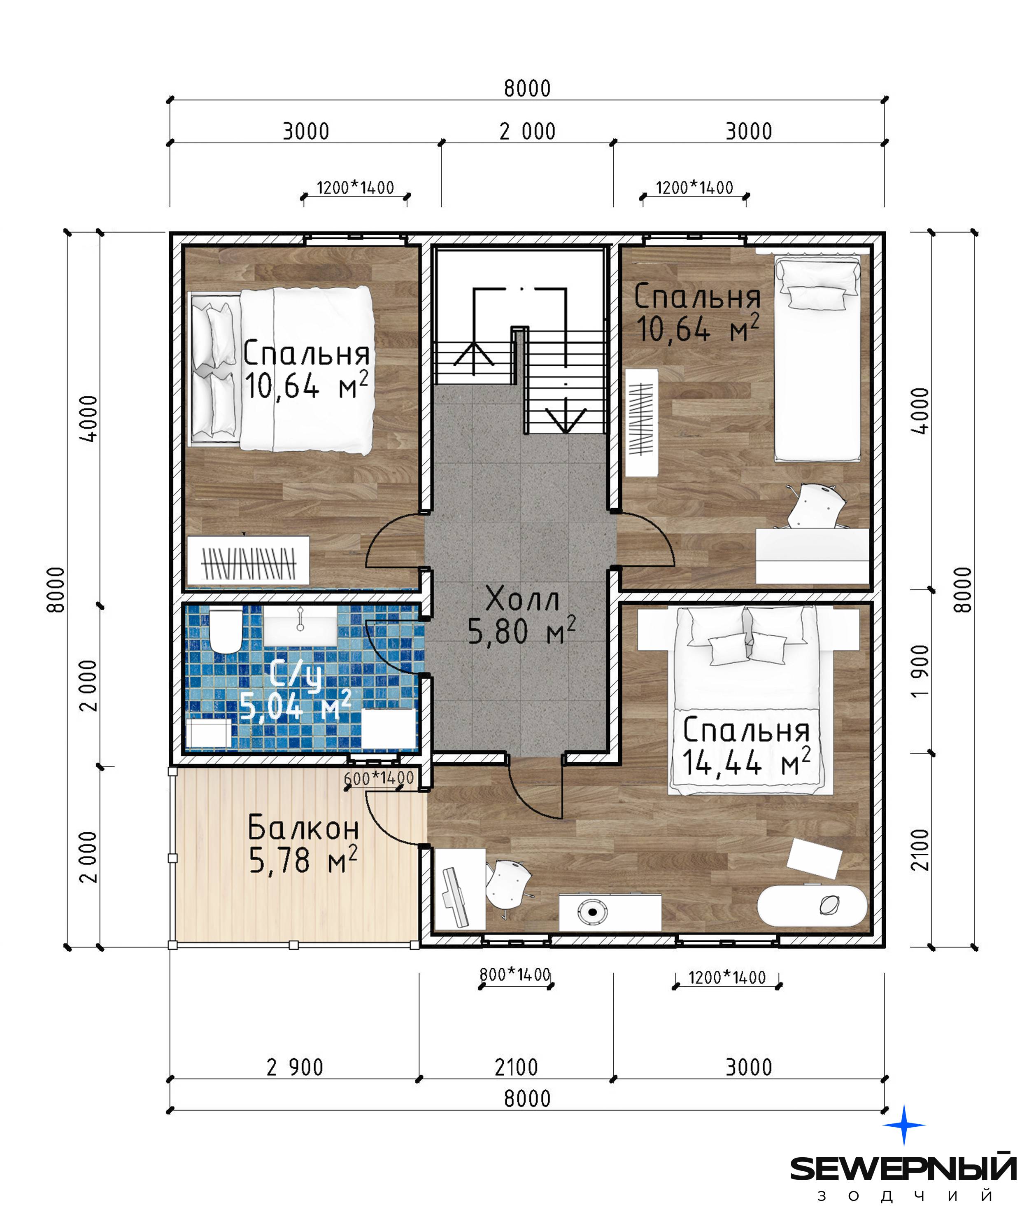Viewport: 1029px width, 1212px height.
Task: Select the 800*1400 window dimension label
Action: (x=515, y=974)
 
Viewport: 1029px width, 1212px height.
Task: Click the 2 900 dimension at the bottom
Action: (x=295, y=1067)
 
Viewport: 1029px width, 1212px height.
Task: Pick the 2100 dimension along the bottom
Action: (x=516, y=1067)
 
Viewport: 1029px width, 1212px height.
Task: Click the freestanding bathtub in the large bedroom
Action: (x=812, y=905)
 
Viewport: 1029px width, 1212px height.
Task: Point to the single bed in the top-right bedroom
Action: (x=817, y=358)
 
